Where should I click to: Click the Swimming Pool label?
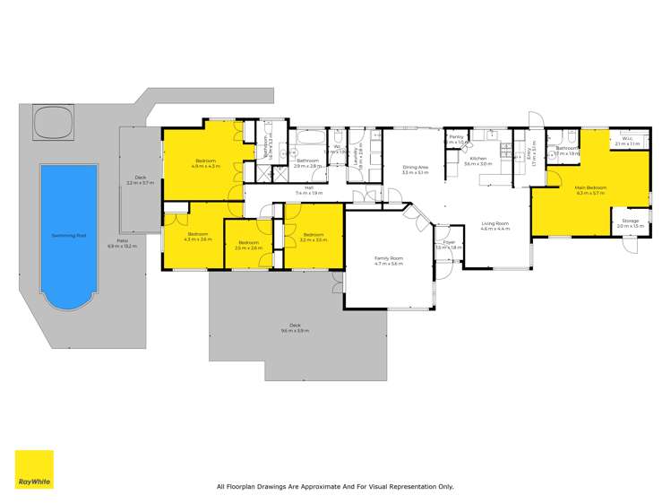[69, 235]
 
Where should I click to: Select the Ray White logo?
[33, 469]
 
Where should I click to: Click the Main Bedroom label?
[590, 187]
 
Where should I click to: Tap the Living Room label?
[495, 223]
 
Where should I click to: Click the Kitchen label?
[478, 159]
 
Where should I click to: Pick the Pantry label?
[456, 137]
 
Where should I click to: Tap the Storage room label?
[631, 220]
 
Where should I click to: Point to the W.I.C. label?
[627, 139]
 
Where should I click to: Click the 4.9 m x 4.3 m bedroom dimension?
[207, 166]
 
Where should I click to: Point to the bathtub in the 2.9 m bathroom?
[310, 139]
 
